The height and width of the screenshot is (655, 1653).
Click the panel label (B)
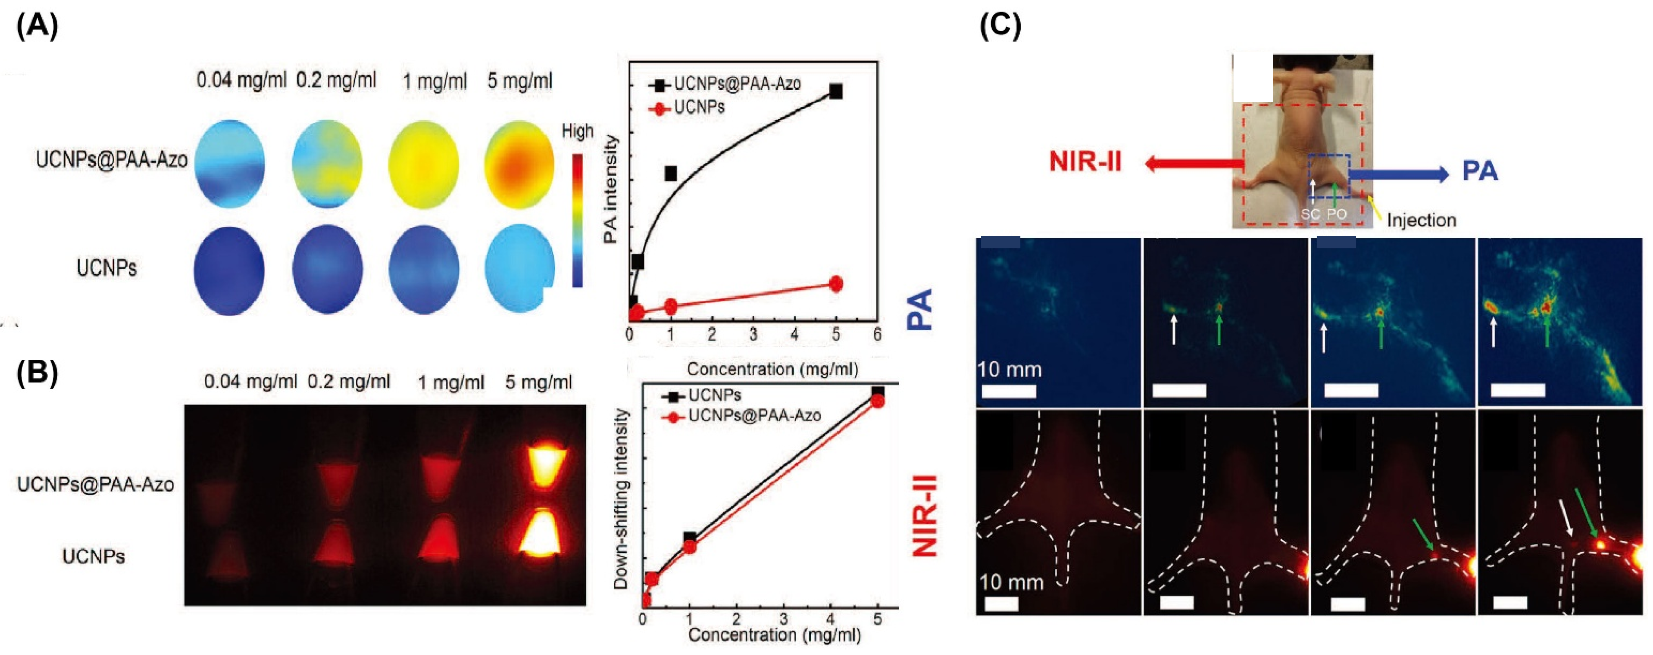tap(36, 372)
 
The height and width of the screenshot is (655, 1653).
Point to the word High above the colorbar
tap(577, 132)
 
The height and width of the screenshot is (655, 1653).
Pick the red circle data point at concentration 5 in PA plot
tap(836, 283)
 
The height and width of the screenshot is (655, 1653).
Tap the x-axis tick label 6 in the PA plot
tap(877, 334)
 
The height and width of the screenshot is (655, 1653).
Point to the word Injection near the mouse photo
tap(1421, 220)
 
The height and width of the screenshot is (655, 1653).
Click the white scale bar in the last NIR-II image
tap(1510, 602)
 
